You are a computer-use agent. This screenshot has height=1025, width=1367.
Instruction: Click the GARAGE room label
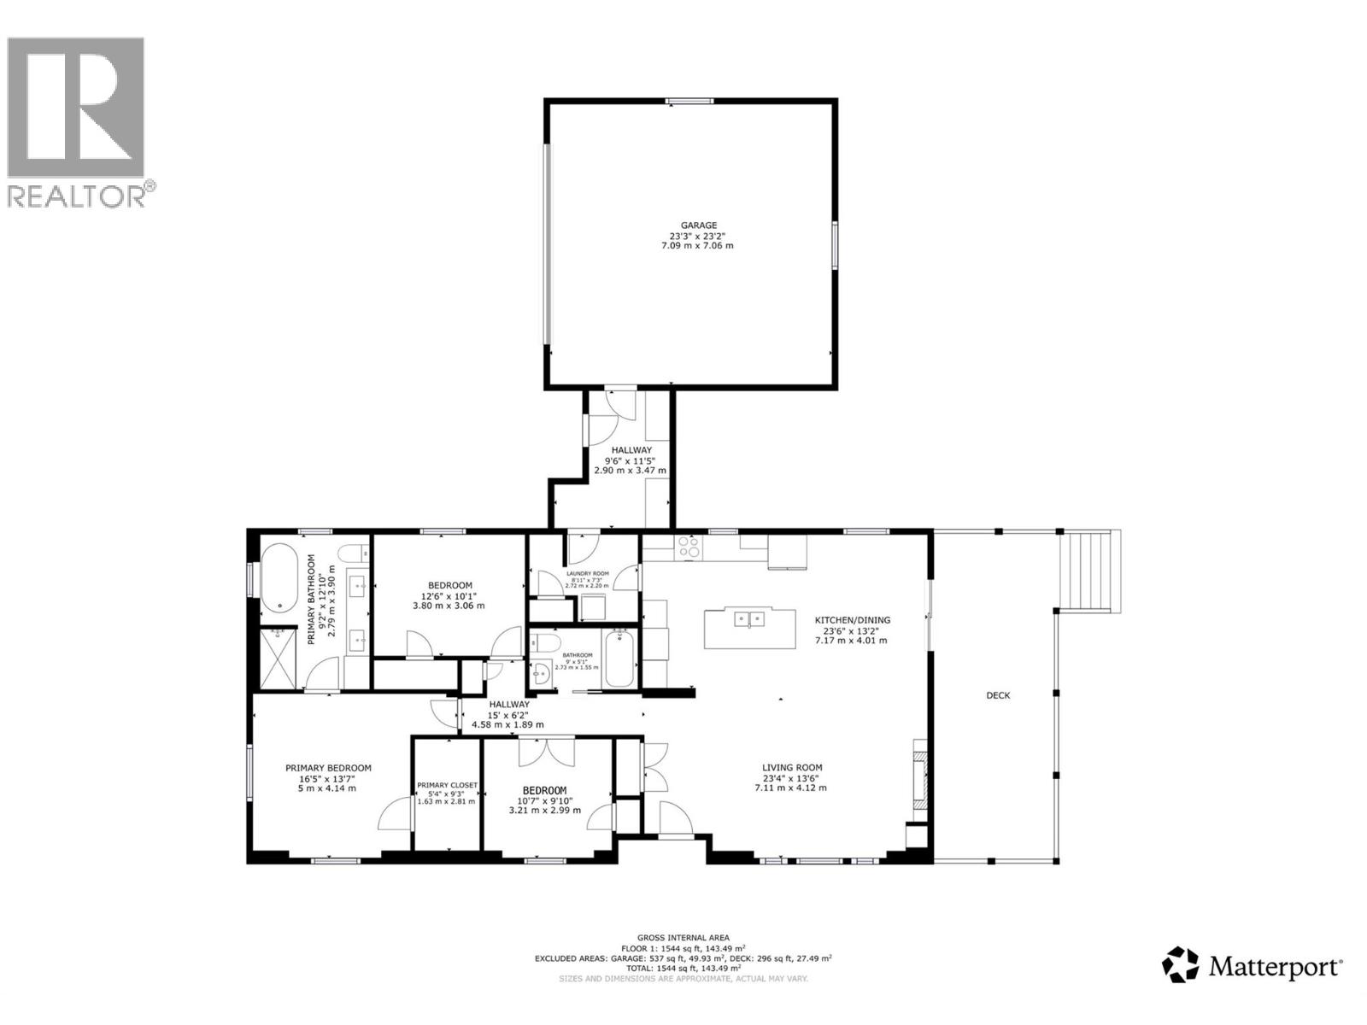pos(700,225)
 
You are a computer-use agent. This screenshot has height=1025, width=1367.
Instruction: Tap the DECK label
pos(998,695)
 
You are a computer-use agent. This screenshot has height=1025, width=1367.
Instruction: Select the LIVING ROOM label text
pos(792,767)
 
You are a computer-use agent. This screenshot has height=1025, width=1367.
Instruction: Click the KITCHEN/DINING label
pos(852,620)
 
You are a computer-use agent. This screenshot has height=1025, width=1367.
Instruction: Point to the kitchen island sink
pos(748,618)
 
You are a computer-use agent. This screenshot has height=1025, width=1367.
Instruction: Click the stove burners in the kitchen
pos(689,546)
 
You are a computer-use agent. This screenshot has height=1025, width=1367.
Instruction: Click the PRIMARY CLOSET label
pos(447,785)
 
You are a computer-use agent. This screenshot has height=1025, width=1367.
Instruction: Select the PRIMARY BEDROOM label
pos(328,768)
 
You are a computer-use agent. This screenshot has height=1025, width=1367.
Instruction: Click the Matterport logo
pos(1253,965)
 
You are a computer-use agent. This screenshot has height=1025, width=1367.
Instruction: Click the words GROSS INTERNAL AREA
pos(683,937)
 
